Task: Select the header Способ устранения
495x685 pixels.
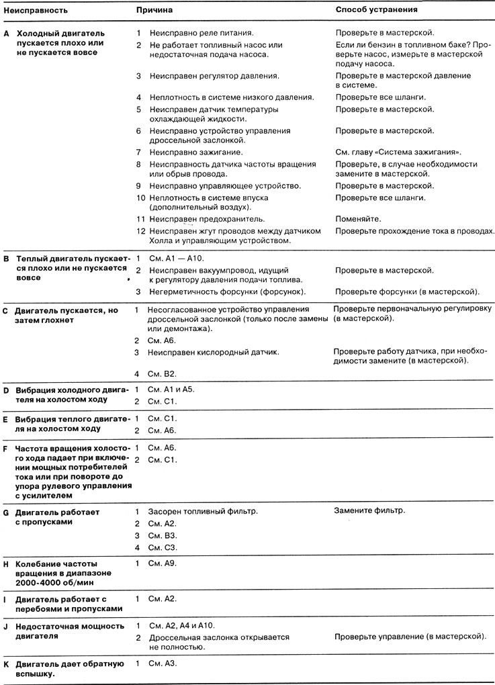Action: (376, 11)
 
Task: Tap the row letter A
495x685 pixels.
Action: (7, 33)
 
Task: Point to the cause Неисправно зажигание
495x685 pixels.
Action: (195, 152)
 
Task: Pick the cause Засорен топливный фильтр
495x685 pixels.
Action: (203, 511)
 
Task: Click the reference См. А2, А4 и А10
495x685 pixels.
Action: (181, 625)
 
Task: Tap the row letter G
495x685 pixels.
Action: (7, 512)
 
